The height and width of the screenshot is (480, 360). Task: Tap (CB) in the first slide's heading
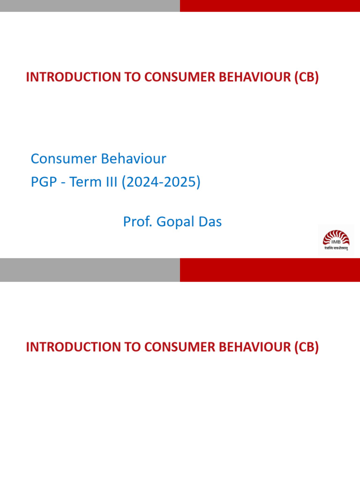point(307,78)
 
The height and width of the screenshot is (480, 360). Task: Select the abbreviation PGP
point(45,182)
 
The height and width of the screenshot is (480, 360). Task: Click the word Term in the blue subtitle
point(83,182)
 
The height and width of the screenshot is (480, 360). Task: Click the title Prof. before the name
point(138,222)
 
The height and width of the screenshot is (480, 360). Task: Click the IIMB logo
point(336,238)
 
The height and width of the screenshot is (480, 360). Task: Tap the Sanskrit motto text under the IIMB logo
point(336,249)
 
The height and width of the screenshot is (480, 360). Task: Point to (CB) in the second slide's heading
point(307,347)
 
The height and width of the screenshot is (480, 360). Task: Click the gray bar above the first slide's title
point(90,6)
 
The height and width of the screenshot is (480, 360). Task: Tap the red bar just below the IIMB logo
point(270,270)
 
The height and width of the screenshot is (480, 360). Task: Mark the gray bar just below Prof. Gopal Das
point(90,270)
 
